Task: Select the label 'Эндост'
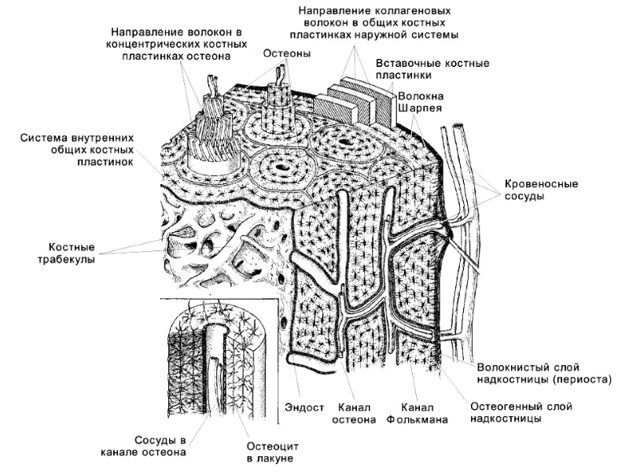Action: [303, 408]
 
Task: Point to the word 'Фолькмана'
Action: [417, 420]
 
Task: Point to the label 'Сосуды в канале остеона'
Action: [143, 445]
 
